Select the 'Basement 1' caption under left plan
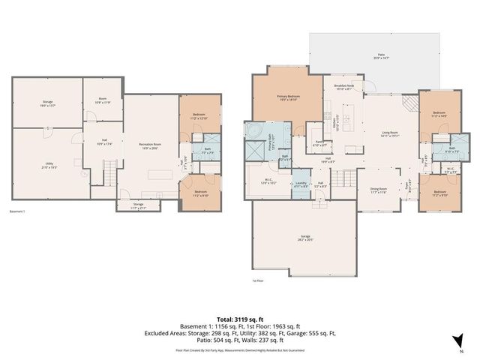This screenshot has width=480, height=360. [x=16, y=211]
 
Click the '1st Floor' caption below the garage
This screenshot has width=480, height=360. [x=259, y=280]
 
